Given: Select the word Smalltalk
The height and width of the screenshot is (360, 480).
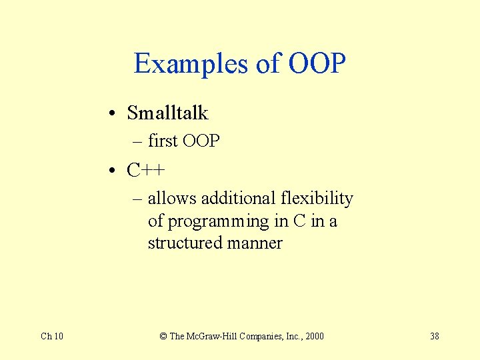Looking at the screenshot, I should point(167,113).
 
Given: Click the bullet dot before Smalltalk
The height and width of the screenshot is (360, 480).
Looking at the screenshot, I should point(116,114).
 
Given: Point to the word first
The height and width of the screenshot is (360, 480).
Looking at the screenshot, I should point(162,141).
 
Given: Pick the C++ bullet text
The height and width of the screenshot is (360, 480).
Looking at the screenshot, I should point(146,171).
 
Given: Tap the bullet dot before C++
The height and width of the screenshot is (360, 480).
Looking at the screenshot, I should point(116,171).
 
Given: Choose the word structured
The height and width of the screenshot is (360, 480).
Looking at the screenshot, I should point(185,243).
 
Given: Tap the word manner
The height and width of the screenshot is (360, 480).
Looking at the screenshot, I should point(255,243).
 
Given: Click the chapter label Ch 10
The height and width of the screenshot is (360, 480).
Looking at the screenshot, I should point(52,336).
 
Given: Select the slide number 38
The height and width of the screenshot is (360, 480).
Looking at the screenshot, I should point(434,336).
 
